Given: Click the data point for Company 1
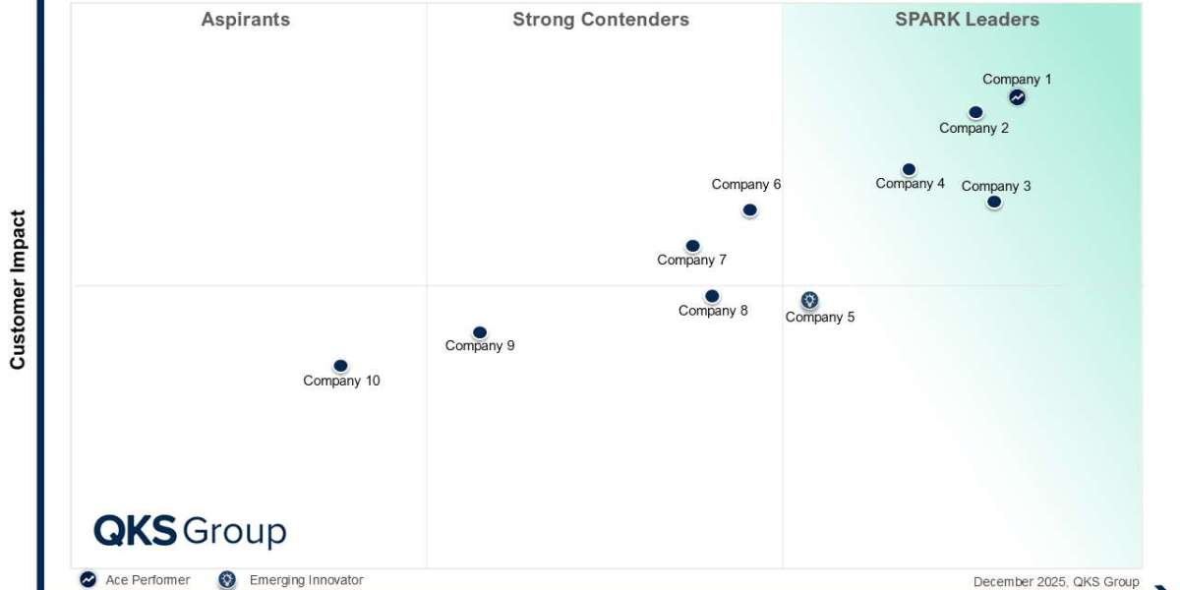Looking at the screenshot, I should [1017, 97].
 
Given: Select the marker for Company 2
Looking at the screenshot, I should [975, 113].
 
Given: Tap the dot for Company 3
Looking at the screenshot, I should [994, 202].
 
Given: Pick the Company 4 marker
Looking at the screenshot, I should [909, 170].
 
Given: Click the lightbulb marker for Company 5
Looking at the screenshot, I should [809, 300].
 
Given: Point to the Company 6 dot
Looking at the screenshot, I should [749, 209].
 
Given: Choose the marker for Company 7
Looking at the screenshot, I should [692, 246].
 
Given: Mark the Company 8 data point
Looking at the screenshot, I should [712, 296].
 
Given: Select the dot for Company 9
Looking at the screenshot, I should [479, 332].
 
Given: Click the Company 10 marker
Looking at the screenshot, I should [340, 366].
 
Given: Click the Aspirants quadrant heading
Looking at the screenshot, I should [245, 20].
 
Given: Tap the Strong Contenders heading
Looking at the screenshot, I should [601, 20].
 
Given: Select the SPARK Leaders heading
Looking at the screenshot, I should [967, 20].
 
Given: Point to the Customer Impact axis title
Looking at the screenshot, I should [18, 290].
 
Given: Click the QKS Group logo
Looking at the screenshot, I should [190, 531].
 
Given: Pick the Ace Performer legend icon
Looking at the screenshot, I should [88, 580].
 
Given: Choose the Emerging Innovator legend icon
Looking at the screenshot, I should [227, 580].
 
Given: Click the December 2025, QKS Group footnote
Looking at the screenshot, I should [1056, 581].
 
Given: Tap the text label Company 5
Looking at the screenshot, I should [820, 317].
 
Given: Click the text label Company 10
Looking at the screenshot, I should [341, 381].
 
